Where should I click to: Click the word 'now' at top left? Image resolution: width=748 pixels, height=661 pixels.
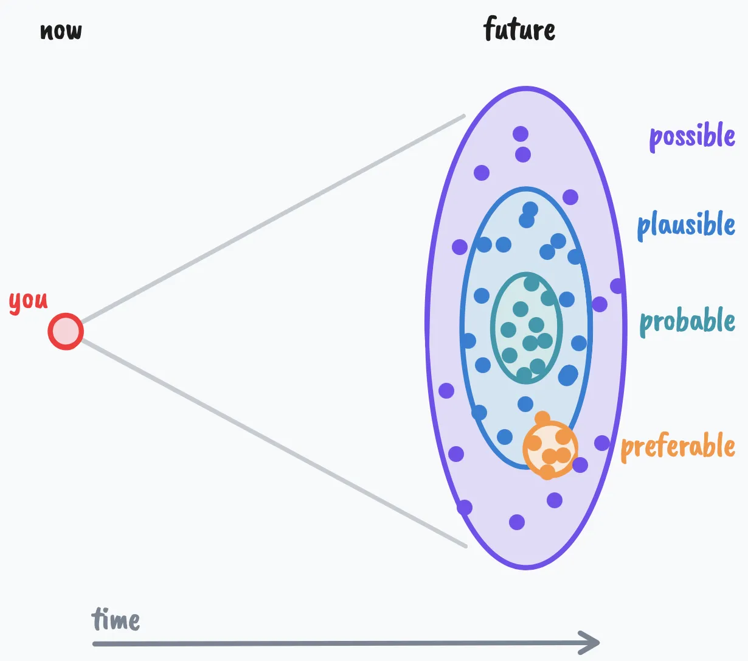coord(61,31)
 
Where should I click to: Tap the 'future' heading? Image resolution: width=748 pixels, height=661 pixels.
coord(519,29)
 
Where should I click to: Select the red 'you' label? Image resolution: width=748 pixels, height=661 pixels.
coord(28,301)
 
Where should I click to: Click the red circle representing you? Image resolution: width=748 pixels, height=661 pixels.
coord(66,332)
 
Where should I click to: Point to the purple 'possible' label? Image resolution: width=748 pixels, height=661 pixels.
coord(692,136)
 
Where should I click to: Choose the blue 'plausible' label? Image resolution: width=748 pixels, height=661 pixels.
coord(686,225)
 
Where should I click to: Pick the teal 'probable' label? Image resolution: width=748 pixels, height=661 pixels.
coord(687,321)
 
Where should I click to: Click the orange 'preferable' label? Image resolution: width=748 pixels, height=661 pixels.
coord(678,447)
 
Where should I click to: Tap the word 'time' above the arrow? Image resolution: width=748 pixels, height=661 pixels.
coord(116,620)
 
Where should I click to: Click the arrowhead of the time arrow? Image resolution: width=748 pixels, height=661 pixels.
coord(593,642)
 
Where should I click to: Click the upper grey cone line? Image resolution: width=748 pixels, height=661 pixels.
coord(274,219)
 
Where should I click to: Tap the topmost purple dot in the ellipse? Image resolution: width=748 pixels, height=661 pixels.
coord(521,134)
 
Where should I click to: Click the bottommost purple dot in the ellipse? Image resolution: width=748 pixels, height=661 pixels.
coord(517,522)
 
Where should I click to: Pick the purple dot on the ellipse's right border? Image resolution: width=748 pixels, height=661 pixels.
coord(617,285)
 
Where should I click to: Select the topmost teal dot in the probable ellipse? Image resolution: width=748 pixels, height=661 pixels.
coord(532,283)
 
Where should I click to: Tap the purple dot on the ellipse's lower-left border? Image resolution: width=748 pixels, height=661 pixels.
coord(465,507)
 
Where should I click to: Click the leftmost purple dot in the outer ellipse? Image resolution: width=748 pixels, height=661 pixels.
coord(446,391)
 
